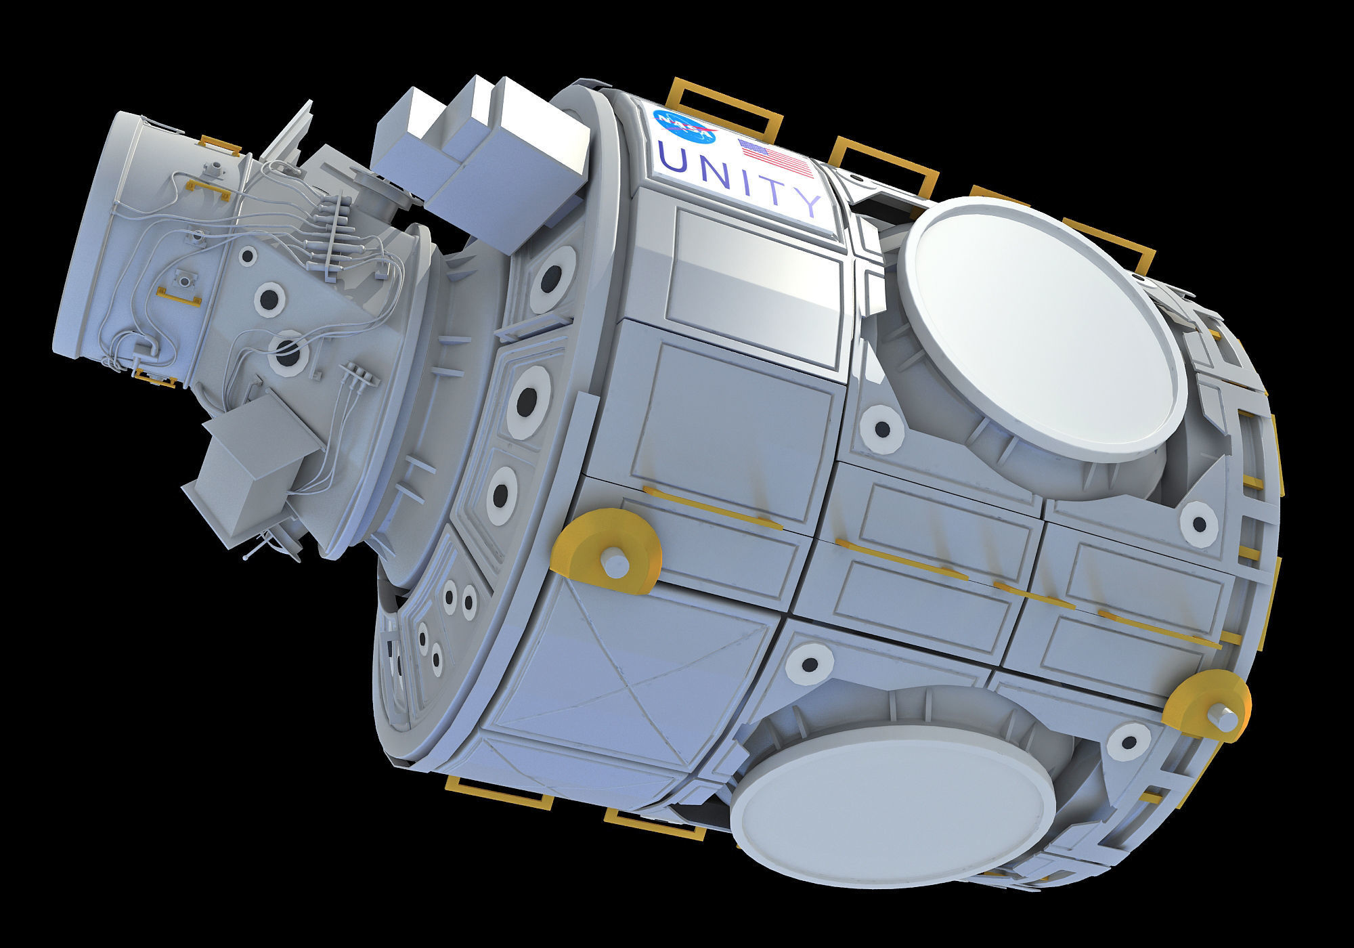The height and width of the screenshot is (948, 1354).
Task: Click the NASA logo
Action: click(684, 127)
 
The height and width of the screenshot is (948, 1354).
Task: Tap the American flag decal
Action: click(776, 158)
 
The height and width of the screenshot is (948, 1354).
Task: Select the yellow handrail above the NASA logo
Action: click(726, 105)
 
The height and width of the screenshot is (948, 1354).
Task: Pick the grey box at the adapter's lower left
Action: click(254, 467)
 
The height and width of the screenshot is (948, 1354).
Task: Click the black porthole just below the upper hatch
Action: click(882, 428)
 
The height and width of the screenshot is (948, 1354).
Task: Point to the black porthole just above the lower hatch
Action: click(810, 662)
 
